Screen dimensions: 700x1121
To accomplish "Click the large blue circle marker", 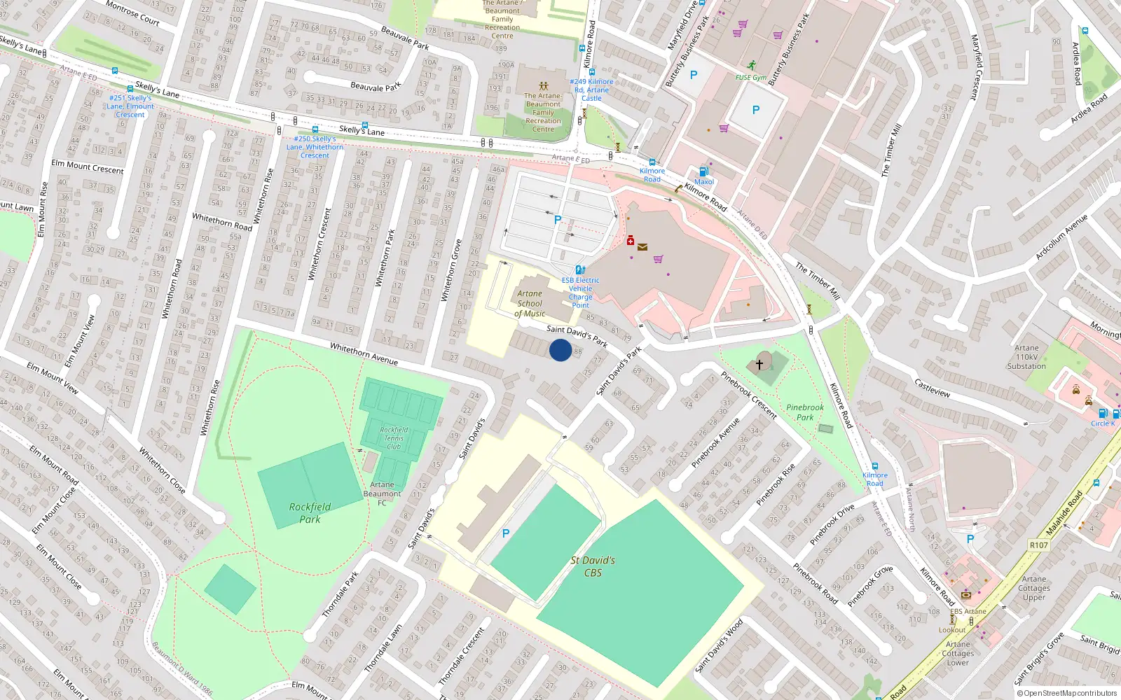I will [560, 350].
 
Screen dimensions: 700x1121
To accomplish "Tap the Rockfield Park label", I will [310, 512].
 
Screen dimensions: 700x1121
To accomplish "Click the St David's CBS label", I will [593, 566].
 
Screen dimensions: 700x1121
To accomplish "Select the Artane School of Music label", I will [530, 304].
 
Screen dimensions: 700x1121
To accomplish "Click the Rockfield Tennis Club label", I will [394, 438].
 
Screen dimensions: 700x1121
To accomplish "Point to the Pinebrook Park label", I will [805, 412].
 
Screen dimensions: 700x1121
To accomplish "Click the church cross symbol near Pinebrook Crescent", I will [759, 365].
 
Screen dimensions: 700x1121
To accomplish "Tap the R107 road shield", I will [1038, 545].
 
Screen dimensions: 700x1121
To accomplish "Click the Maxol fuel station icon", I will [703, 171].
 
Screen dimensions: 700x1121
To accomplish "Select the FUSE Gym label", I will [750, 78].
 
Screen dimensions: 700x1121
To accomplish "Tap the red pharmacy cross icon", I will [630, 240].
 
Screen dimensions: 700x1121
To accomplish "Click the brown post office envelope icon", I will [642, 247].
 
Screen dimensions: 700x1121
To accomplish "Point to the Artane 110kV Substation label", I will [1026, 357].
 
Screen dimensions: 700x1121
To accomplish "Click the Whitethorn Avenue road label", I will [364, 354].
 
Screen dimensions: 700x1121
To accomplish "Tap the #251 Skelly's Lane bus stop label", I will [130, 106].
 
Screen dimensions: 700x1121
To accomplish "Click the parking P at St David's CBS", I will [506, 533].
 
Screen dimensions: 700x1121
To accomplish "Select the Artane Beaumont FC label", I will [382, 493].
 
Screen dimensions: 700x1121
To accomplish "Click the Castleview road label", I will [932, 388].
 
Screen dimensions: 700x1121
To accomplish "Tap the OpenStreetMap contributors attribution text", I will [1066, 693].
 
